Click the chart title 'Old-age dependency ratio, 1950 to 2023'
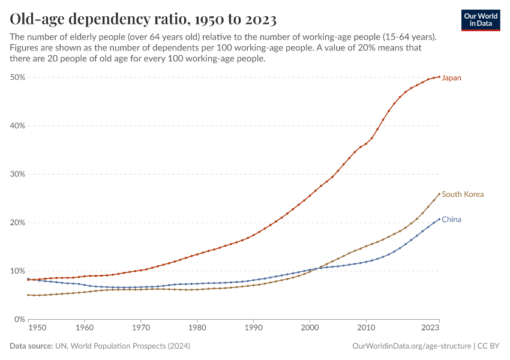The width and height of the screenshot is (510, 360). pyautogui.click(x=143, y=19)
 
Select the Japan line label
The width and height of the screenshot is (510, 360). pyautogui.click(x=451, y=78)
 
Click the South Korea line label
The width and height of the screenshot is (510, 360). pyautogui.click(x=463, y=194)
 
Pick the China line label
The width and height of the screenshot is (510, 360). pyautogui.click(x=451, y=220)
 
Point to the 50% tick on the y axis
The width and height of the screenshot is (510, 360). pyautogui.click(x=17, y=77)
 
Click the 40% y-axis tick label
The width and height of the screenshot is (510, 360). pyautogui.click(x=17, y=126)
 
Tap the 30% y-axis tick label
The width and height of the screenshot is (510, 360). pyautogui.click(x=17, y=174)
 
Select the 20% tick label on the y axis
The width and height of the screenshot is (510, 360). pyautogui.click(x=17, y=223)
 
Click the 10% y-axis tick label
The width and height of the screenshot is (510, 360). pyautogui.click(x=17, y=271)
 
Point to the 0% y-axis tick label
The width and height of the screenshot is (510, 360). pyautogui.click(x=19, y=319)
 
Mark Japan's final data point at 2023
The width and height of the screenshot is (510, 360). pyautogui.click(x=439, y=77)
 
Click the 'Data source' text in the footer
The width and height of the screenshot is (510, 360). pyautogui.click(x=29, y=346)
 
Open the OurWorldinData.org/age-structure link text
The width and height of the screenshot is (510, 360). pyautogui.click(x=411, y=346)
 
